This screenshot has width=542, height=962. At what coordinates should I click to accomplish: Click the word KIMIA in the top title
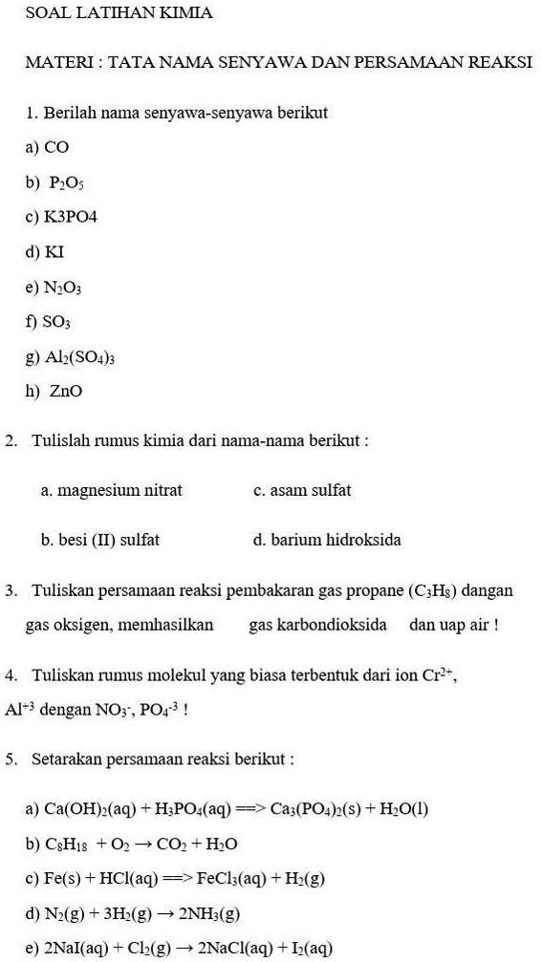point(188,13)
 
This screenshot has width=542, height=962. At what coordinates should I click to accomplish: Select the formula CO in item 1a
point(56,147)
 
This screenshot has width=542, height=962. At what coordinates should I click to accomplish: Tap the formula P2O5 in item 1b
point(67,182)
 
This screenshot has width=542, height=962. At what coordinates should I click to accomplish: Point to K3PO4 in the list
point(71,217)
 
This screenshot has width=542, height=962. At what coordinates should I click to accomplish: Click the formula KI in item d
point(54,252)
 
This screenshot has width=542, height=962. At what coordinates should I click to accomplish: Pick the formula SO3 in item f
point(57,323)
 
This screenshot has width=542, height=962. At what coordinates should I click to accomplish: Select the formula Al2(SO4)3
point(80,357)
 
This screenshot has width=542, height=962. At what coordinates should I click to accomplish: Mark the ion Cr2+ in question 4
point(440,674)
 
